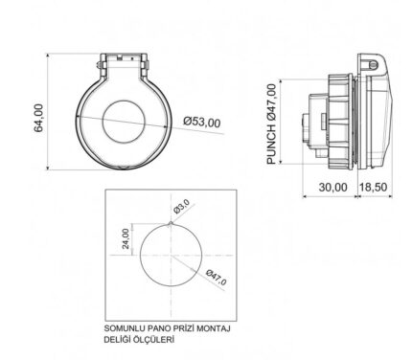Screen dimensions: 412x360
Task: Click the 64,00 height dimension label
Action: pos(38,118)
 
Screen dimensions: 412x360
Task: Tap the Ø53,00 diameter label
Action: pos(202,122)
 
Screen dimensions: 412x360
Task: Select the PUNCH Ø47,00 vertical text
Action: pos(271,124)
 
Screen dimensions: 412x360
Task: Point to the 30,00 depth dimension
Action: pos(332,187)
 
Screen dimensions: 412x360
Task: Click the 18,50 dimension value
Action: pos(374,187)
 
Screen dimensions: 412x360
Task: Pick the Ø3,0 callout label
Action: pos(181,206)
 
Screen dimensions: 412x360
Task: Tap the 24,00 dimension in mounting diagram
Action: pos(126,238)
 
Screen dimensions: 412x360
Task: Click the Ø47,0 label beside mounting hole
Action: pos(217,278)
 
